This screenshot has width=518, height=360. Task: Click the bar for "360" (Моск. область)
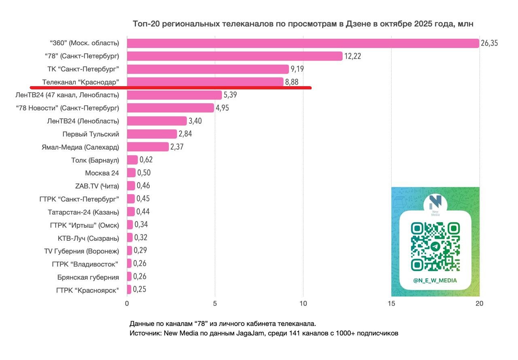click(x=303, y=43)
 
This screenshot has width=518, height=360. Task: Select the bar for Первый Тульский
click(x=152, y=134)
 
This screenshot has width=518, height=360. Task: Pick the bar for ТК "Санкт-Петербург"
click(x=208, y=69)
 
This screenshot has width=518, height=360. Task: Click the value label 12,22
click(x=352, y=56)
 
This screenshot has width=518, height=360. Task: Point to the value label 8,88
click(x=293, y=82)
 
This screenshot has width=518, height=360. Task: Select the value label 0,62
click(x=146, y=160)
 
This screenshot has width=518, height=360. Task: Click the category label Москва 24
click(x=102, y=173)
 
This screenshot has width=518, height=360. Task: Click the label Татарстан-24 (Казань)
click(x=83, y=212)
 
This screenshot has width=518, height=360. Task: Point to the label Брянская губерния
click(x=88, y=277)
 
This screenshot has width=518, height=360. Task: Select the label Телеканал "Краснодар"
click(x=81, y=82)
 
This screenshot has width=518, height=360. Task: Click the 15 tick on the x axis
click(x=391, y=303)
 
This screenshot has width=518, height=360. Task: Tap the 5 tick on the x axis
click(x=215, y=303)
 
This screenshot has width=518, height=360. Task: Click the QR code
click(x=435, y=246)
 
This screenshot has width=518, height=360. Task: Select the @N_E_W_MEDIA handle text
click(x=435, y=280)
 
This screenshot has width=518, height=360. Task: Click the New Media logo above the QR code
click(x=435, y=203)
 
